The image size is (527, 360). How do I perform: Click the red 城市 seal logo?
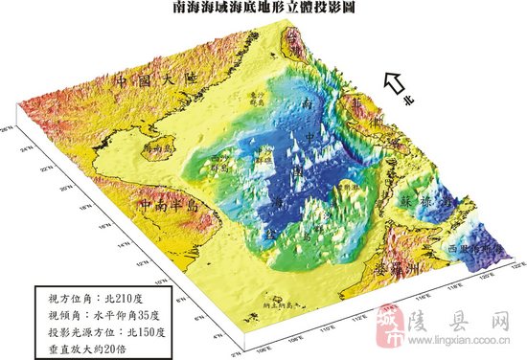coord(387,325)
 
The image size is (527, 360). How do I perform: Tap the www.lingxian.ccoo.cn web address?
coord(461,339)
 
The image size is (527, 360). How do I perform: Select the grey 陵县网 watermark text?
coord(459,317)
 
